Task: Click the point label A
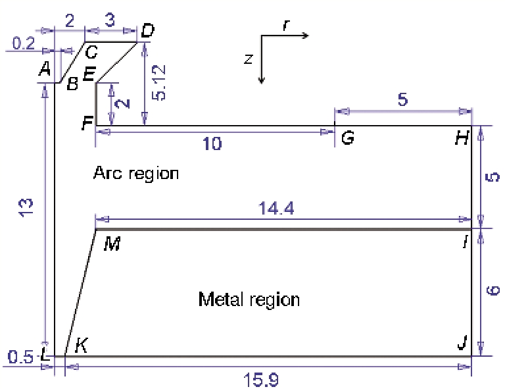point(45,68)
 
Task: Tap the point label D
point(148,31)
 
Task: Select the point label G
point(348,138)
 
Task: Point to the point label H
point(462,138)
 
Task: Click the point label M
point(112,244)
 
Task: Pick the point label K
point(81,346)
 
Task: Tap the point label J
point(462,342)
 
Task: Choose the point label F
point(87,123)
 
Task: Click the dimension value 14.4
point(276,208)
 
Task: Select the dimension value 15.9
point(261,380)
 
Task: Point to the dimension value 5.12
point(159,82)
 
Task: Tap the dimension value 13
point(26,208)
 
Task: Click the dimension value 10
point(212,143)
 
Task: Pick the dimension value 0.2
point(24,43)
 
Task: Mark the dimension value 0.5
point(20,357)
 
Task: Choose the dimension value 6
point(493,290)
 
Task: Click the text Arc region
point(136,173)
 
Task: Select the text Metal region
point(249,299)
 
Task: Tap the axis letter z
point(249,59)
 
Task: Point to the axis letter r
point(286,25)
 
